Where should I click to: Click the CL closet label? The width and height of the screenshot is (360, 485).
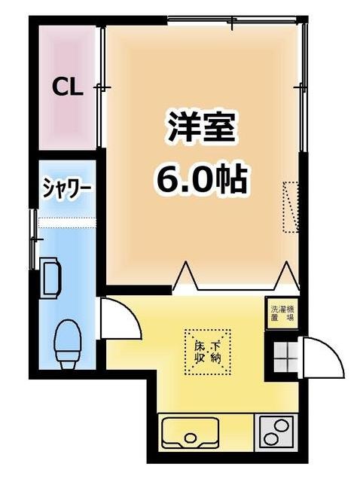(x=67, y=87)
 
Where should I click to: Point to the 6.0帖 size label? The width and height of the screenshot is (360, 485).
(x=201, y=178)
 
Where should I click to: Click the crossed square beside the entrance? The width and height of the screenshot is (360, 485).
(x=285, y=356)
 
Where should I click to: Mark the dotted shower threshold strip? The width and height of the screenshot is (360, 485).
(x=67, y=221)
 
